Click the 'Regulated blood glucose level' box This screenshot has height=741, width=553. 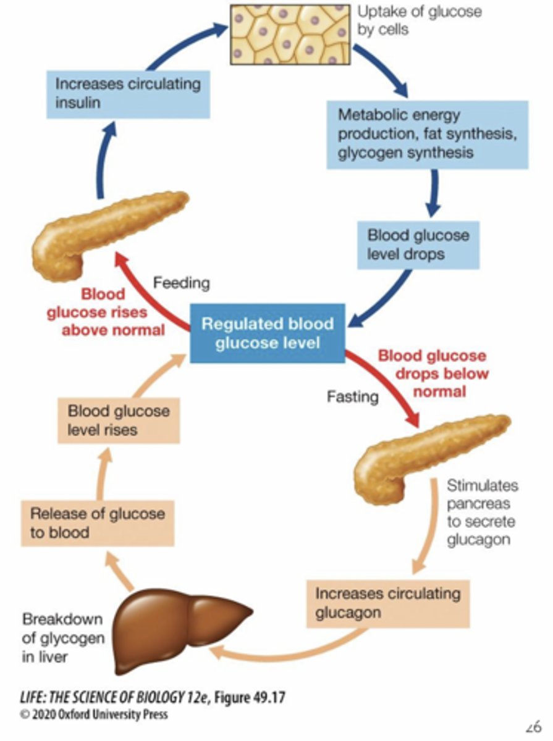268,333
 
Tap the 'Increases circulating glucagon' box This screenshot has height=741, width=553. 387,603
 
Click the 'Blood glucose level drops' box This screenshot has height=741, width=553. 418,245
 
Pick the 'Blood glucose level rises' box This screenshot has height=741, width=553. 119,420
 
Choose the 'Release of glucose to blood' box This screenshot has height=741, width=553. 98,522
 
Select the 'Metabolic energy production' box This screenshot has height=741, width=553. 427,133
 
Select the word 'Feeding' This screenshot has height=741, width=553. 182,283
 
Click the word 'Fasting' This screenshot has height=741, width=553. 352,396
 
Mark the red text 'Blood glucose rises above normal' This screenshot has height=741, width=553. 123,312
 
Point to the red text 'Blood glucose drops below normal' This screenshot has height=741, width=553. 432,374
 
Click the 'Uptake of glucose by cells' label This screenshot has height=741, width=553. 419,20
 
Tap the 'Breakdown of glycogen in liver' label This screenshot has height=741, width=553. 62,638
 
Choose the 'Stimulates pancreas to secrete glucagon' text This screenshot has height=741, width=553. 482,512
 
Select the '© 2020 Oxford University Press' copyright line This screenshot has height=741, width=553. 93,715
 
